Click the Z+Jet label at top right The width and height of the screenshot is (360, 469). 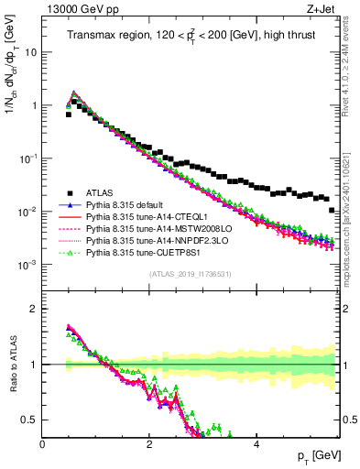pos(320,10)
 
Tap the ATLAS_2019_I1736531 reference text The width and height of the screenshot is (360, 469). pos(191,274)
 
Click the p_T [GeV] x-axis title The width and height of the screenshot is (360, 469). pos(316,456)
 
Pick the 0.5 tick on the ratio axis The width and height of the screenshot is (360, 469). pos(31,420)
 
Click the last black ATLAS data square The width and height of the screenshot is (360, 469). pos(332,210)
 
